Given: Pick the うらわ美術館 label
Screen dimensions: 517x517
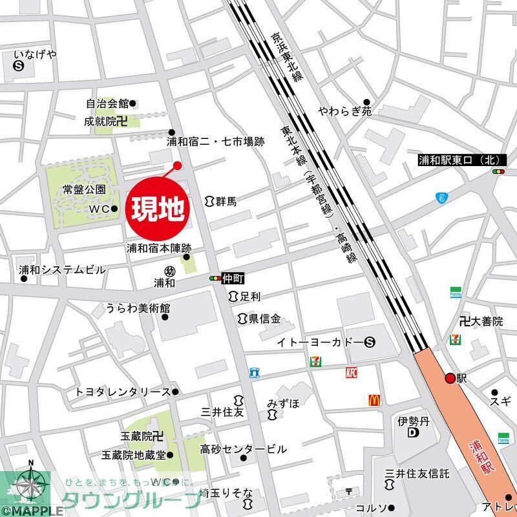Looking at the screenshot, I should [x=134, y=308].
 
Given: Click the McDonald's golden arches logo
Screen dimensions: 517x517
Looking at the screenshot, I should [x=374, y=401].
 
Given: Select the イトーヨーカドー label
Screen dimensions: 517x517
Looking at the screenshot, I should [x=320, y=342].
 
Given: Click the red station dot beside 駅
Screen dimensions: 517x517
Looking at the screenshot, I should [x=450, y=379].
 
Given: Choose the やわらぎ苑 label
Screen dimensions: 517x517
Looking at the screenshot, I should [x=340, y=112].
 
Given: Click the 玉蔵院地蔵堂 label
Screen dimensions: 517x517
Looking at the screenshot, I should [x=133, y=455].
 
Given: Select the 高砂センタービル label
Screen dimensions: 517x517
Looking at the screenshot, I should [x=243, y=448].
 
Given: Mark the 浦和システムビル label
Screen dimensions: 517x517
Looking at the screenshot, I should [x=61, y=269].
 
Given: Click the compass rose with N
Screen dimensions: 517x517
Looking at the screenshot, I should [x=31, y=486].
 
